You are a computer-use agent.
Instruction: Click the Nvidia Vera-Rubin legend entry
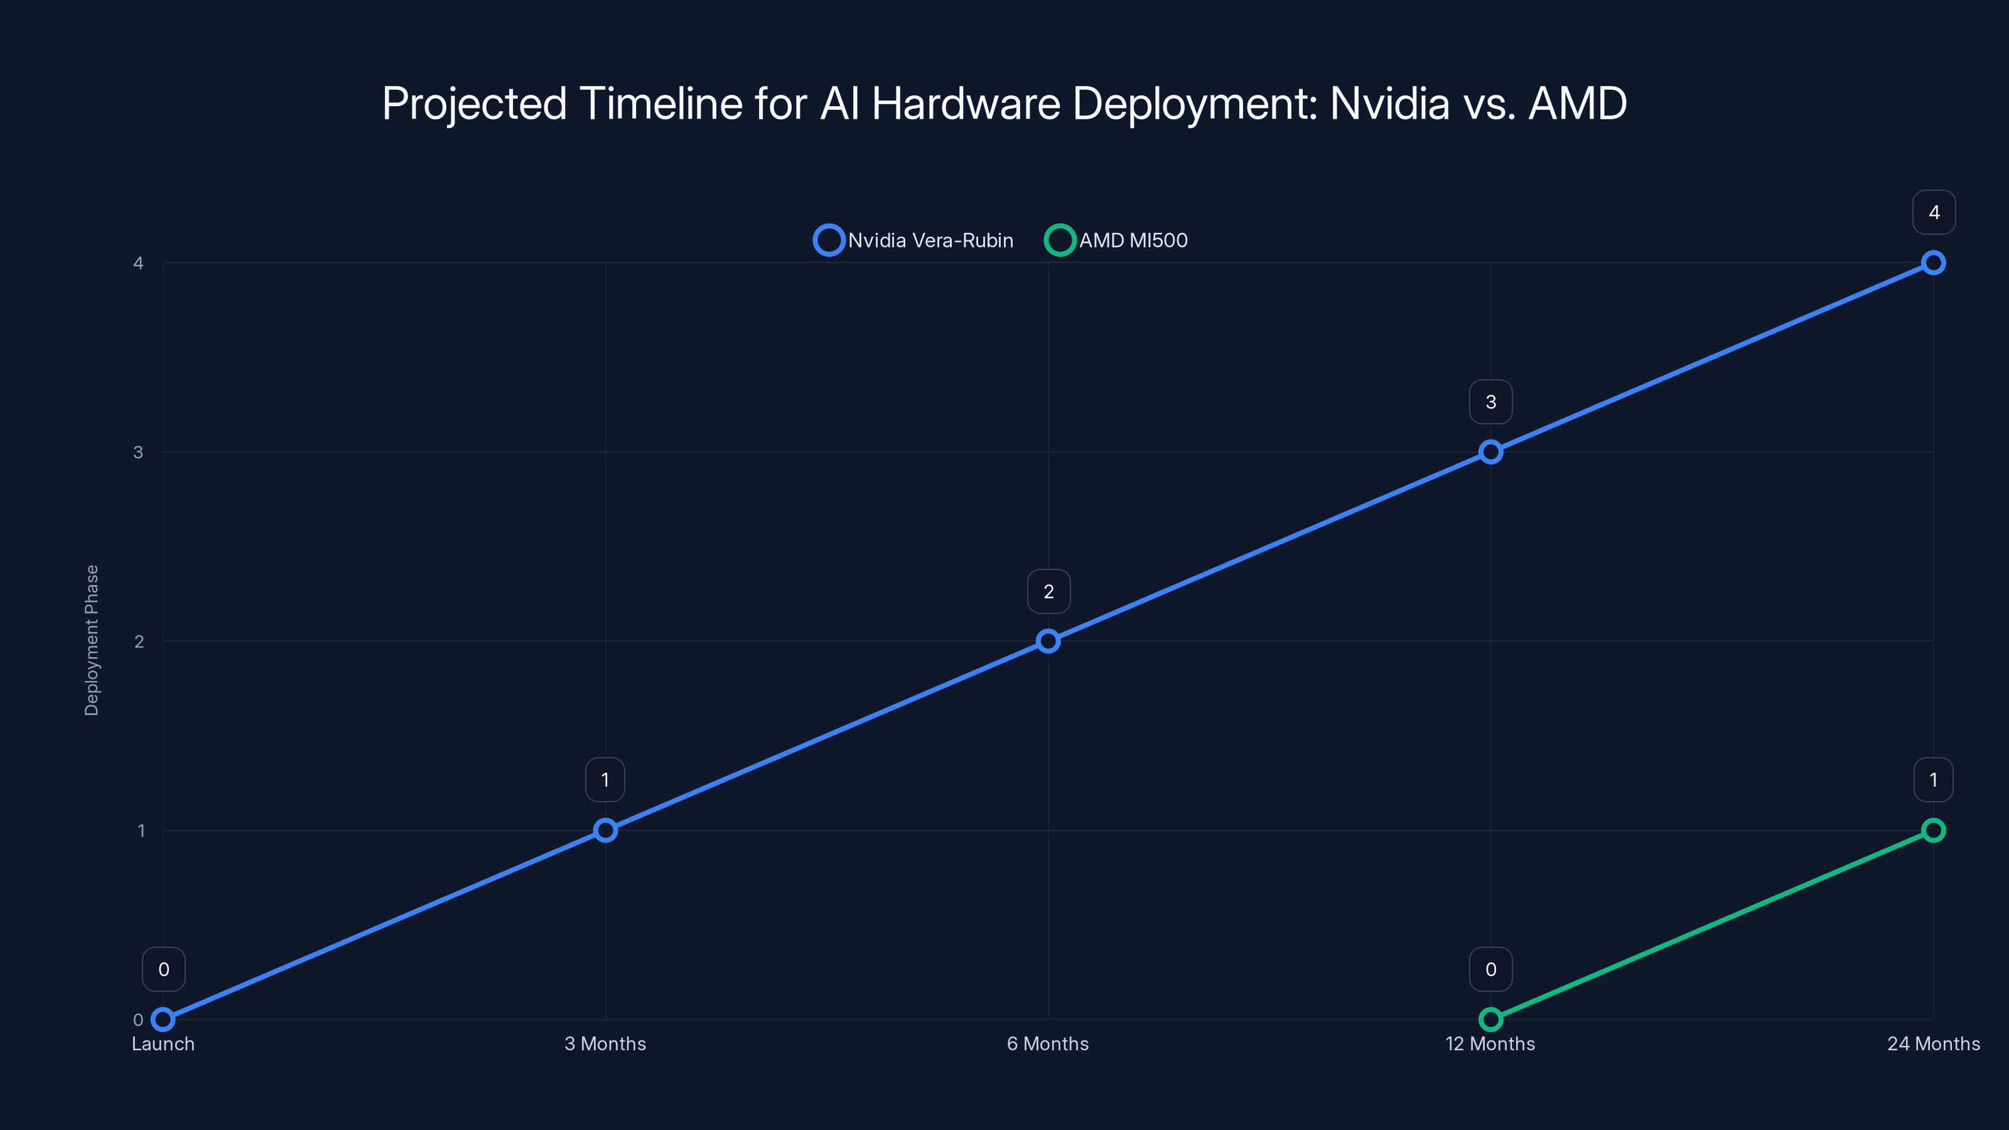point(913,240)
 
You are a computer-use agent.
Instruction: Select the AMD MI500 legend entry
point(1116,240)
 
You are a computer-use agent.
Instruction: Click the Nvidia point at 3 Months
point(605,830)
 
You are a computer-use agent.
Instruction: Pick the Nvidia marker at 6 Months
point(1048,641)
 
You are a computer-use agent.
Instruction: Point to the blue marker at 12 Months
point(1490,451)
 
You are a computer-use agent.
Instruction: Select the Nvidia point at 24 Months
point(1934,263)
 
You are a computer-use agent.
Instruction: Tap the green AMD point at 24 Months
point(1934,830)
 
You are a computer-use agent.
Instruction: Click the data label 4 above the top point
point(1934,212)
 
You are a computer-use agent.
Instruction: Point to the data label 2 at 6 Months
point(1049,591)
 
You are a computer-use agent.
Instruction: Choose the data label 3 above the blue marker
point(1490,402)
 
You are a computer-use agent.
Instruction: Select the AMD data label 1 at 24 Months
point(1934,780)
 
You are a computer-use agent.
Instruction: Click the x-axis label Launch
point(163,1043)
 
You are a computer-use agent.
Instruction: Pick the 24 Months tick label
point(1934,1043)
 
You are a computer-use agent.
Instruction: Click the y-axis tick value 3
point(138,452)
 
